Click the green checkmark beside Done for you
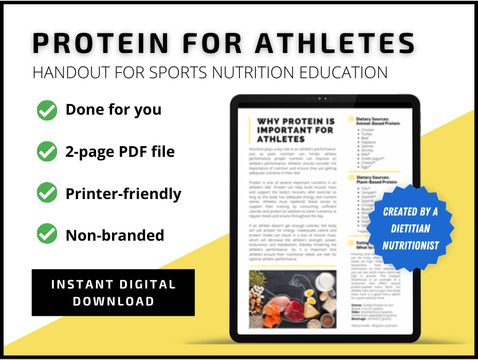47,110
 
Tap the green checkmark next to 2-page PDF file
47,152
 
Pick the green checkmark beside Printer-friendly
47,193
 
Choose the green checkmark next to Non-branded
47,235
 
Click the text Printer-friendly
123,193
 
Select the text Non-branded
115,235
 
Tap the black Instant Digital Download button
113,292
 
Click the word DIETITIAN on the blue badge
410,228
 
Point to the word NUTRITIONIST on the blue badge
410,246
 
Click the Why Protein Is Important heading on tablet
296,130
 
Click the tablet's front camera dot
319,98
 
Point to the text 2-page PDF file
120,152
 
